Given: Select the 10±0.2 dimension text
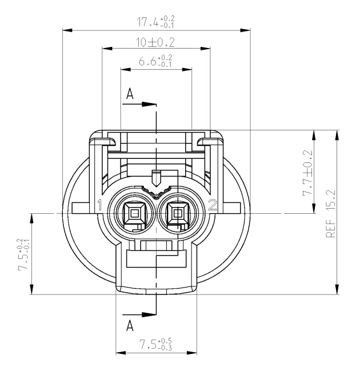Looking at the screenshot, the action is click(155, 43).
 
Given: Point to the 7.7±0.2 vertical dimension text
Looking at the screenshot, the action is click(308, 173).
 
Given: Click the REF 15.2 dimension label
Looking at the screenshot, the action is click(331, 214).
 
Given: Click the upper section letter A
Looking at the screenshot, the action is click(130, 94).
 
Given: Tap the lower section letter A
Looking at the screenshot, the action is click(130, 326).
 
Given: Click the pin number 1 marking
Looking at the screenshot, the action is click(100, 205).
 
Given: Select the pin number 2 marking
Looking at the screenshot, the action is click(213, 205).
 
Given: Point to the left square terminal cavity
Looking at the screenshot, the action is click(135, 214).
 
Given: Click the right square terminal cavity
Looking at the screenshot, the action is click(177, 214).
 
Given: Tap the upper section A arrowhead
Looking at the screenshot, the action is click(149, 104).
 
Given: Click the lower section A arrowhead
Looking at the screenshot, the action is click(149, 314).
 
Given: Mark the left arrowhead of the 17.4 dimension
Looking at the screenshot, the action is click(67, 30).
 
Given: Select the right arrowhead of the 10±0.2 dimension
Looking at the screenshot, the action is click(205, 49).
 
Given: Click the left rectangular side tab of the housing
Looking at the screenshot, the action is click(81, 208).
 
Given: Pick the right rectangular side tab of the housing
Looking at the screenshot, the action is click(231, 208).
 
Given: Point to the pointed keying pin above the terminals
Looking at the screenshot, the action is click(156, 178).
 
